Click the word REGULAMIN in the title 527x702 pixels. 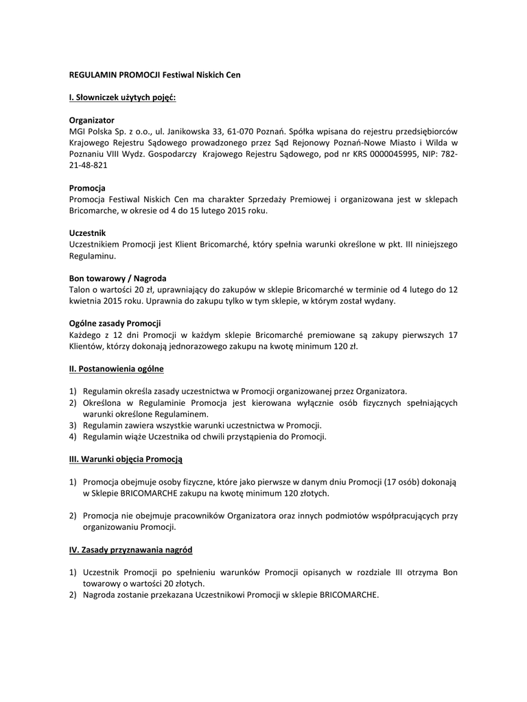(92, 74)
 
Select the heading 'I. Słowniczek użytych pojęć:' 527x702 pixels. (122, 97)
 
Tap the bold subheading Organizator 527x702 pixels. (91, 120)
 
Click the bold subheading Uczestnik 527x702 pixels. (88, 233)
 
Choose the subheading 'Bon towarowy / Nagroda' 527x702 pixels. (117, 278)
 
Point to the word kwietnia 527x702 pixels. (85, 301)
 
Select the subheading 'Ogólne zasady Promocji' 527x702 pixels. (115, 324)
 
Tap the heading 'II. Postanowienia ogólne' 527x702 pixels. (116, 369)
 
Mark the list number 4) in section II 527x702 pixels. (73, 437)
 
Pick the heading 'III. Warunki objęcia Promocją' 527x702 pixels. (126, 459)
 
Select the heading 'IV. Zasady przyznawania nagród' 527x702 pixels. (130, 550)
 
